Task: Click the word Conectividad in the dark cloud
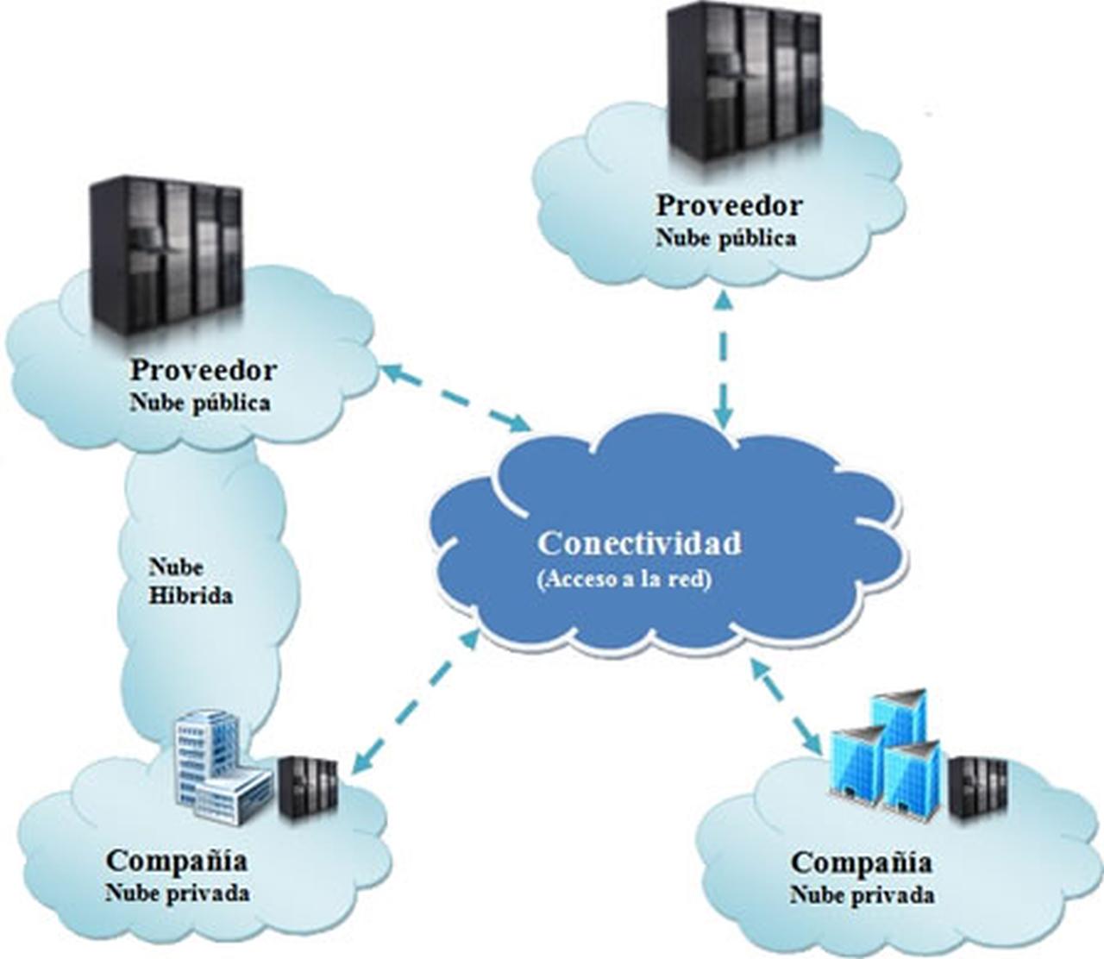coord(639,544)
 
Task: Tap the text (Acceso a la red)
coord(626,580)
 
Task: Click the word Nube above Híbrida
coord(176,567)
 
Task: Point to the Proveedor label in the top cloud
coord(729,206)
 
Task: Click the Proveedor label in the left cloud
coord(204,371)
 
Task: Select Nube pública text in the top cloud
coord(725,238)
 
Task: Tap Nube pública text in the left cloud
coord(200,403)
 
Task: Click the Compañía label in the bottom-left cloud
coord(177,861)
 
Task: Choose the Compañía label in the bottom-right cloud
coord(862,862)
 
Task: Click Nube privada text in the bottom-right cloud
coord(862,895)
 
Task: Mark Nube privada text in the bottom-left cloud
coord(178,893)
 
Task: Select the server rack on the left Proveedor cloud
coord(166,257)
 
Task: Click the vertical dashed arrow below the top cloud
coord(724,358)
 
